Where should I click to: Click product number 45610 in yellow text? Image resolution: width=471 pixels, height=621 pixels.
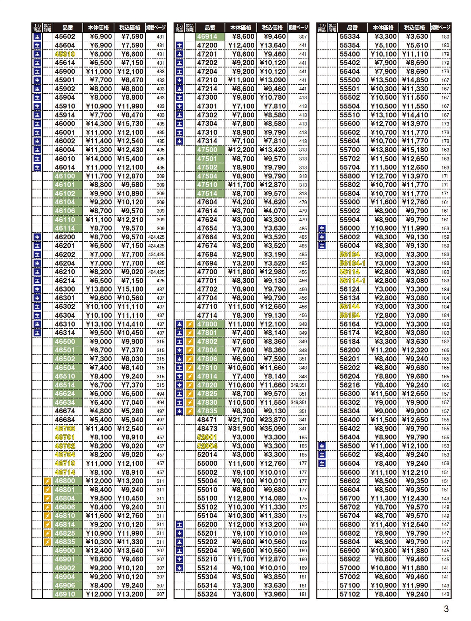(x=65, y=54)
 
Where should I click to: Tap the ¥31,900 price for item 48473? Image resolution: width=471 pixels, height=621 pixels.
(x=241, y=429)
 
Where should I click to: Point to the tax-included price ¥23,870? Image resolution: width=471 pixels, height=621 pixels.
(x=273, y=420)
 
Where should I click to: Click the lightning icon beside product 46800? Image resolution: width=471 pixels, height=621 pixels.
(x=47, y=481)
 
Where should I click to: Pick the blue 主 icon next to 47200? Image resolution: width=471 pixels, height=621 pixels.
(x=179, y=45)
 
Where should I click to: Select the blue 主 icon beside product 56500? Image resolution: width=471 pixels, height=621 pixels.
(x=322, y=446)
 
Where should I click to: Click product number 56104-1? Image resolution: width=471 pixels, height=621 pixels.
(x=352, y=263)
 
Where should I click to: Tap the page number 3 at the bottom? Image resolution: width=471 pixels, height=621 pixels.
(x=446, y=609)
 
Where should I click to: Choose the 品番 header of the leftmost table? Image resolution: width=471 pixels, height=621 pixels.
(x=67, y=28)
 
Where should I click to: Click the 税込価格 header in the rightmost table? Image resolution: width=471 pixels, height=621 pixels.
(x=414, y=28)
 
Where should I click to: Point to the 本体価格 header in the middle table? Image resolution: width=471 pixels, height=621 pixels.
(x=241, y=28)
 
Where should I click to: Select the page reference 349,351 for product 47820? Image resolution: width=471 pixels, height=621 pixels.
(x=298, y=385)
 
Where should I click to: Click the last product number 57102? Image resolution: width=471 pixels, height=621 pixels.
(x=350, y=594)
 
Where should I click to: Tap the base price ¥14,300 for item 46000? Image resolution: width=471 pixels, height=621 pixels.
(x=99, y=124)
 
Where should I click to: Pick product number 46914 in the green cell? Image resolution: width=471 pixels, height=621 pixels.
(x=207, y=36)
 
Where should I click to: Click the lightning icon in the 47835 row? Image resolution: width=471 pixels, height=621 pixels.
(x=190, y=411)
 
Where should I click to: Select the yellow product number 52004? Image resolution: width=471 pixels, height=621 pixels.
(x=207, y=446)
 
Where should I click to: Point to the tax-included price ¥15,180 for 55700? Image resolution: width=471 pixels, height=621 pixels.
(x=415, y=150)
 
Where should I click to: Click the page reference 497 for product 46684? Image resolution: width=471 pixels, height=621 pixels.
(x=160, y=420)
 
